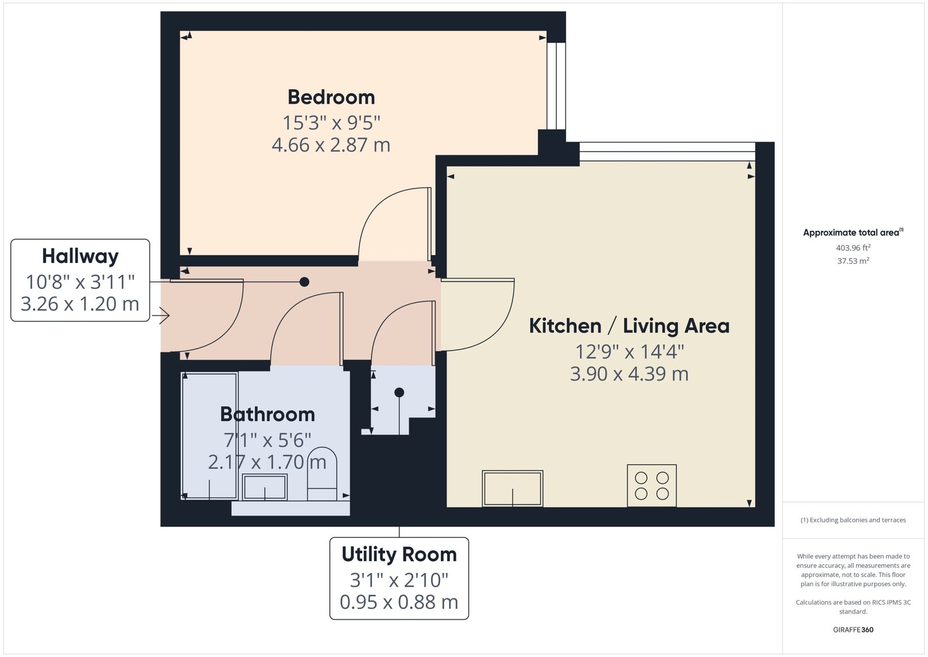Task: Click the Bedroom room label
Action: click(331, 98)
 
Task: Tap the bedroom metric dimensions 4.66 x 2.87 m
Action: click(331, 145)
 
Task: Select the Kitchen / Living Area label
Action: click(629, 326)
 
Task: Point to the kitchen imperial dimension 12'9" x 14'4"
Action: click(629, 352)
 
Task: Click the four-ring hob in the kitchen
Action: click(652, 485)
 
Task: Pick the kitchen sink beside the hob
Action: click(513, 488)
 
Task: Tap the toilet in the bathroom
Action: click(322, 474)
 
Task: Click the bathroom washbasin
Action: click(264, 487)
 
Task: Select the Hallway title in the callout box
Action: click(81, 256)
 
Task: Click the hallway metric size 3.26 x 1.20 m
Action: click(80, 304)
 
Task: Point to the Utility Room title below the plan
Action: click(399, 554)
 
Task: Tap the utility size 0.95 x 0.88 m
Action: click(399, 602)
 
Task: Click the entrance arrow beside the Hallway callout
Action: click(161, 316)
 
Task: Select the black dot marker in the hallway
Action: click(304, 282)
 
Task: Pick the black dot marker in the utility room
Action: click(399, 392)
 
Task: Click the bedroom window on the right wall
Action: click(556, 86)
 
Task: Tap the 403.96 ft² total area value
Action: click(853, 247)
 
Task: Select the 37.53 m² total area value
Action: click(853, 261)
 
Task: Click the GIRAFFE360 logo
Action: click(853, 630)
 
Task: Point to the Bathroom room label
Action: click(267, 414)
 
